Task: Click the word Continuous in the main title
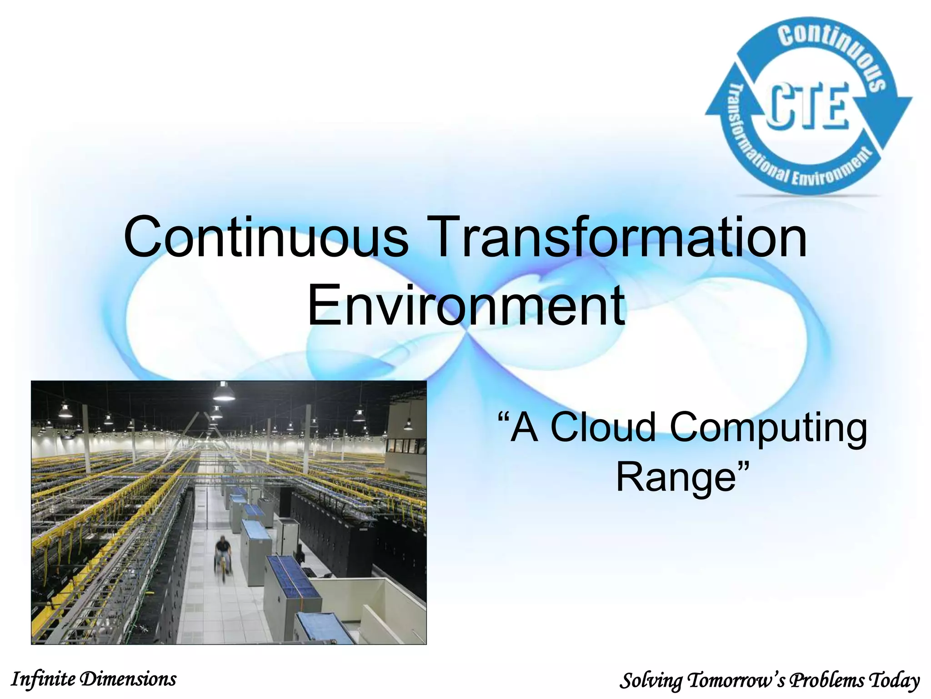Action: (x=266, y=238)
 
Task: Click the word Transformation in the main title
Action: (x=618, y=238)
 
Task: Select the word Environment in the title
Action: (x=466, y=305)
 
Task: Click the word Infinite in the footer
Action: (x=43, y=679)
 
